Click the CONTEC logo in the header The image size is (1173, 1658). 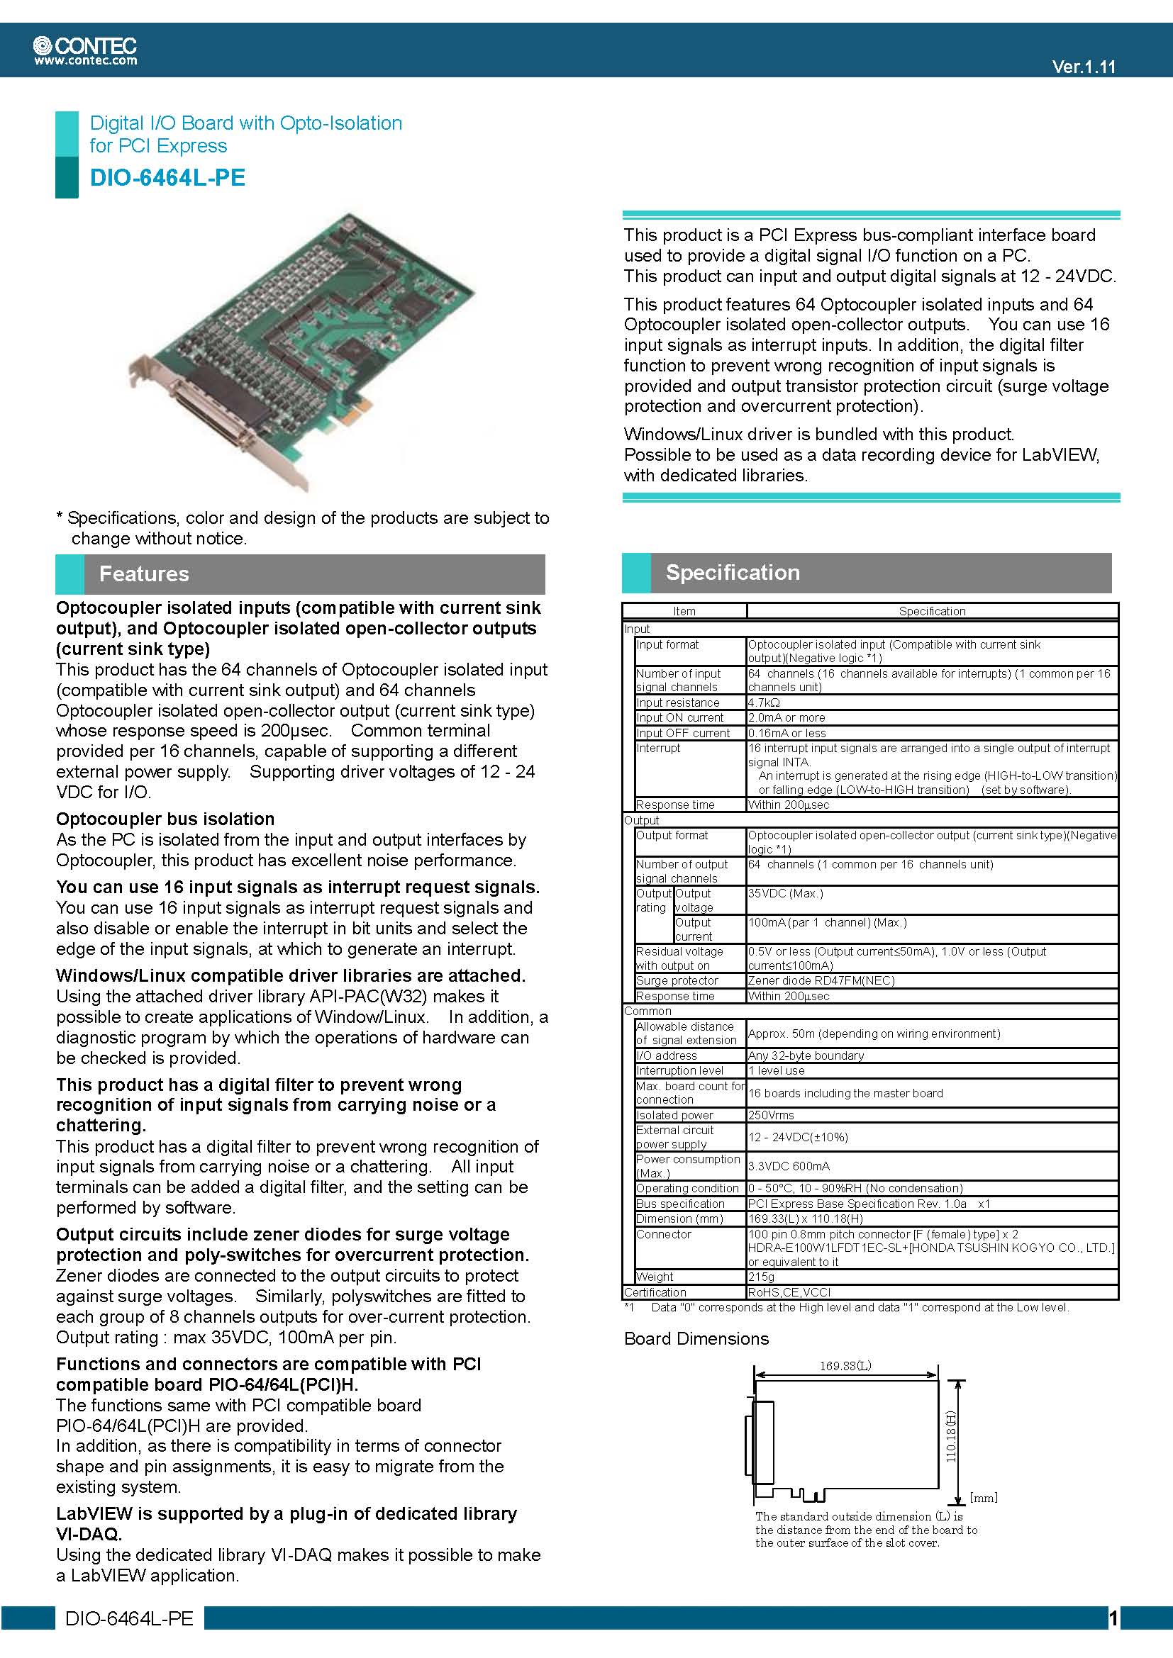84,45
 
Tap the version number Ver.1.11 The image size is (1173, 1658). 1084,67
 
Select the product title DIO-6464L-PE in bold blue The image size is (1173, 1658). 167,178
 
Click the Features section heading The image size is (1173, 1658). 144,574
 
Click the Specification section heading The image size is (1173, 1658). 733,573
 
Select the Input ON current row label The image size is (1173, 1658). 679,718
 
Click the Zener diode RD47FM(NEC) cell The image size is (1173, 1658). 821,980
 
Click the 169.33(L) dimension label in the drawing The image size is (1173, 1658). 845,1365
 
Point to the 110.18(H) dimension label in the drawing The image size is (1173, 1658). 951,1437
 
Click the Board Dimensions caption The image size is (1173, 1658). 696,1338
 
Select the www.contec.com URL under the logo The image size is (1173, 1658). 85,61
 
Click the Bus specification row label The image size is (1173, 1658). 679,1204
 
